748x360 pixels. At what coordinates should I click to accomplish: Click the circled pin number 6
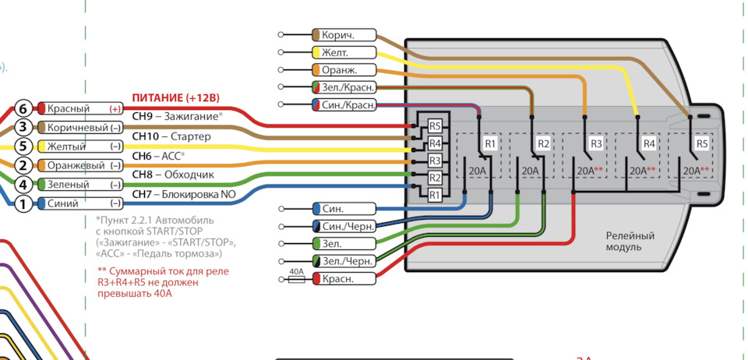(23, 109)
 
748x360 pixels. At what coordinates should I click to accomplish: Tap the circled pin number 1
(23, 204)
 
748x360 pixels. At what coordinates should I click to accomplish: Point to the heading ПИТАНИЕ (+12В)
(175, 98)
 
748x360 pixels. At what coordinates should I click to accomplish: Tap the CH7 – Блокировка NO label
(184, 194)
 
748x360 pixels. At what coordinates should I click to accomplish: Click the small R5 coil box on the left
(435, 126)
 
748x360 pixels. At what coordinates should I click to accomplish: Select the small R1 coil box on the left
(435, 195)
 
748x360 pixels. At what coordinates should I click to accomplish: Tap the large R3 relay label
(596, 143)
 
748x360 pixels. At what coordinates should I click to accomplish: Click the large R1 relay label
(490, 143)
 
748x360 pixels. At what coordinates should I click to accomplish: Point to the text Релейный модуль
(630, 242)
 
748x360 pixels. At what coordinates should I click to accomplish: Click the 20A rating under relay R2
(530, 171)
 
